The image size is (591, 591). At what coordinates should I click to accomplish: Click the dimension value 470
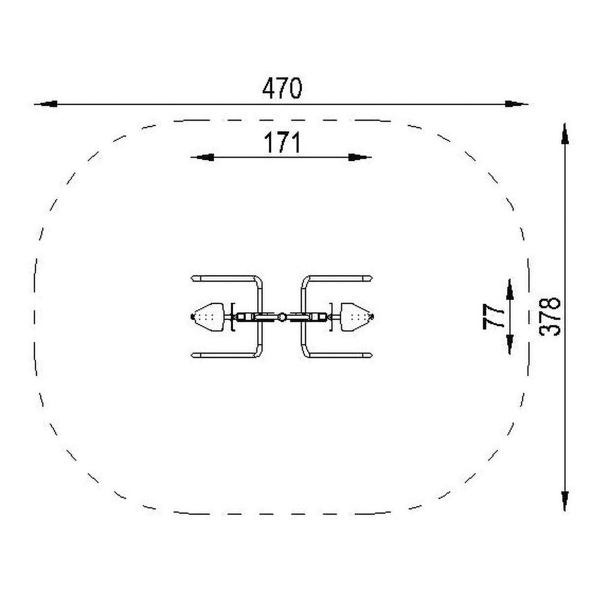pos(282,88)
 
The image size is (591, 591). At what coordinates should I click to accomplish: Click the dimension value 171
pos(282,142)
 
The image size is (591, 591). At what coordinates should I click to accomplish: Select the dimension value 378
pos(550,317)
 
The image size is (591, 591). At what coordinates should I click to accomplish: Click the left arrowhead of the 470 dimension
pos(46,104)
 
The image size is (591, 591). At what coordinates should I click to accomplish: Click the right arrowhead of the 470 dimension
pos(516,104)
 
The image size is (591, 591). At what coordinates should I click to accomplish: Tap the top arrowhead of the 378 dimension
pos(564,134)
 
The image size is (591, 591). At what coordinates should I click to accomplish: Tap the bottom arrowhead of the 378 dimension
pos(564,500)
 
